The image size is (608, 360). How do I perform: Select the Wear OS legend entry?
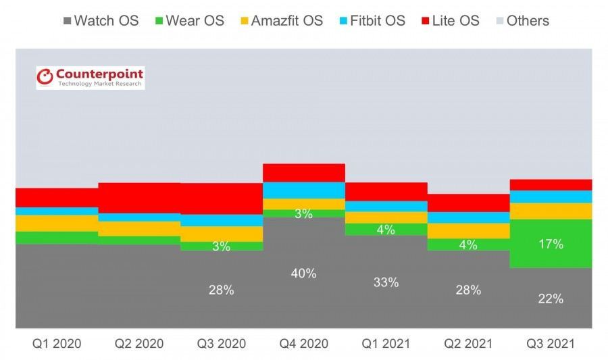(191, 20)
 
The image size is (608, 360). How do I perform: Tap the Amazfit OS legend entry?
(281, 20)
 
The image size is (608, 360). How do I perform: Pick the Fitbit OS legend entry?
(372, 20)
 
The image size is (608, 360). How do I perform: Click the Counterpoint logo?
(90, 77)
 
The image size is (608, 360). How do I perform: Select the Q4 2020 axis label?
(303, 344)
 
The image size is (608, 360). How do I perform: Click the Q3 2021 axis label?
(551, 344)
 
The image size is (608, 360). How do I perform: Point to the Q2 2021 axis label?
(468, 344)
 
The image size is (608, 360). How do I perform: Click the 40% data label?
(304, 274)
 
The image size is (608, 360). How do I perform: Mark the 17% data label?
(551, 245)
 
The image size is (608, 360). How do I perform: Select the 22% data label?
(551, 299)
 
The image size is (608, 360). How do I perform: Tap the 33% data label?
(386, 282)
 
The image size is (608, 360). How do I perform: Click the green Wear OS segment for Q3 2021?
(551, 257)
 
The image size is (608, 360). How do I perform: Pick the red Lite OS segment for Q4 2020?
(304, 172)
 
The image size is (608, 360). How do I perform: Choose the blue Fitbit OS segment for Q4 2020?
(304, 190)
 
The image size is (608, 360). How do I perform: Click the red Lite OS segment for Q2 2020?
(138, 197)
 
